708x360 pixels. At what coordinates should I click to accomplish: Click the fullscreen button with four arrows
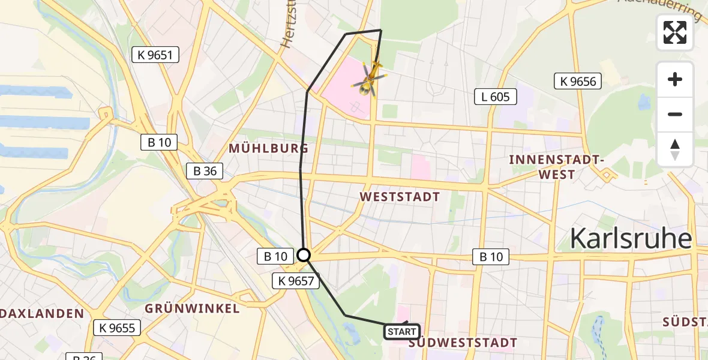pos(675,32)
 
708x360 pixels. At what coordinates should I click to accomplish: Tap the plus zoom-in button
pos(675,79)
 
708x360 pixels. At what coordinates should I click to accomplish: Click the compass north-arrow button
pos(675,149)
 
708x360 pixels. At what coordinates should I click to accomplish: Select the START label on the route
pos(402,332)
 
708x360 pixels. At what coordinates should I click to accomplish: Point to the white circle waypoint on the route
pos(304,256)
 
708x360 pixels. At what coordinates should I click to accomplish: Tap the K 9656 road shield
pos(578,81)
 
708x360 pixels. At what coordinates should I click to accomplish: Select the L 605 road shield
pos(495,96)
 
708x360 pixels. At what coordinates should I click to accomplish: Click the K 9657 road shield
pos(296,280)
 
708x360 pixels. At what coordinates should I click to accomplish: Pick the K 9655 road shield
pos(117,328)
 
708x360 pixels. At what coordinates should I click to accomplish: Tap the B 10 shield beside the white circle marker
pos(276,257)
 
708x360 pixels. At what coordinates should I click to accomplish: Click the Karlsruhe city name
pos(630,238)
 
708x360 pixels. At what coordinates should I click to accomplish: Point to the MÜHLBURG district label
pos(269,148)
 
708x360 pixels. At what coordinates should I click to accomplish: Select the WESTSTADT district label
pos(400,197)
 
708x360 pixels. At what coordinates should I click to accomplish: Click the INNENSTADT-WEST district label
pos(556,167)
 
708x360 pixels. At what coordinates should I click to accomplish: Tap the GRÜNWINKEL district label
pos(192,308)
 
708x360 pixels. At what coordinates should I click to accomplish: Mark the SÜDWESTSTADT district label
pos(462,343)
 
